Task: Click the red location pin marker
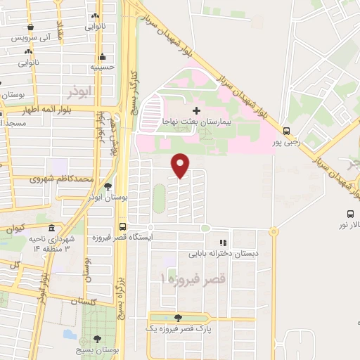[181, 165]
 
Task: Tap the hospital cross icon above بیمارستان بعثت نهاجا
[196, 110]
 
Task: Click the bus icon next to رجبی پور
[286, 131]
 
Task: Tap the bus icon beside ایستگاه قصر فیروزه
[123, 227]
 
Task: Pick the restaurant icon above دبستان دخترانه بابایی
[224, 242]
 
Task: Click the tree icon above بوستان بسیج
[97, 338]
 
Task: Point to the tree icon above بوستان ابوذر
[108, 187]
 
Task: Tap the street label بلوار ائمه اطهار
[46, 110]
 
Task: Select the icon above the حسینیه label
[103, 57]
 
